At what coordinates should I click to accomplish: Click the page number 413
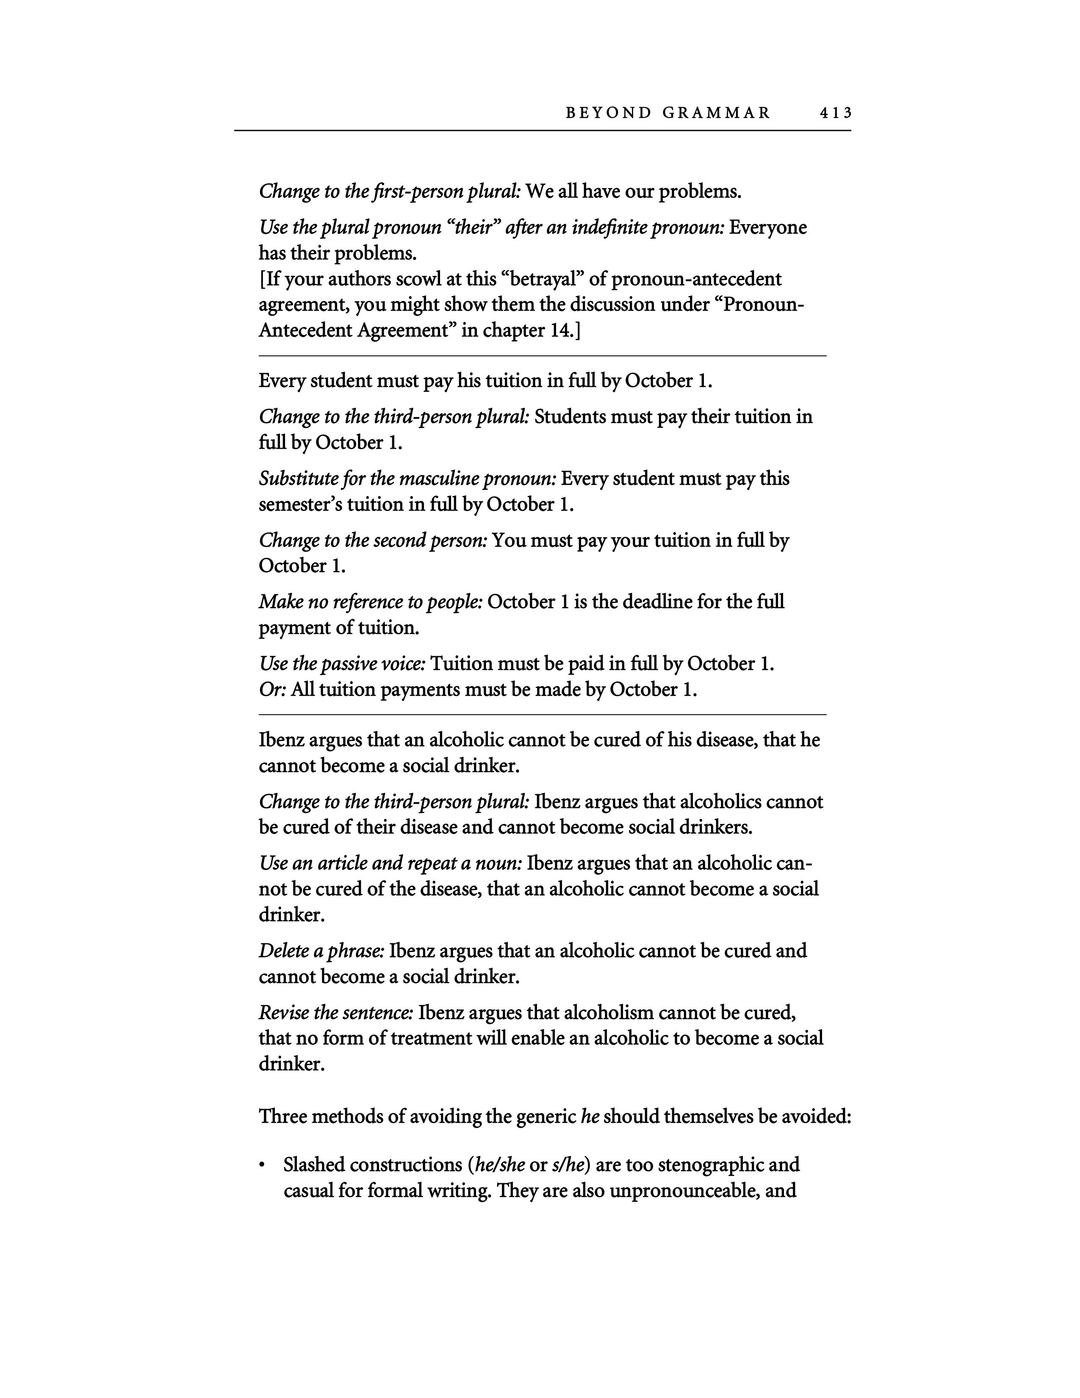pos(835,113)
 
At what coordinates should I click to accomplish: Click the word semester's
pos(300,505)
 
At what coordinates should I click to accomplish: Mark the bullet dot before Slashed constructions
pos(262,1166)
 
